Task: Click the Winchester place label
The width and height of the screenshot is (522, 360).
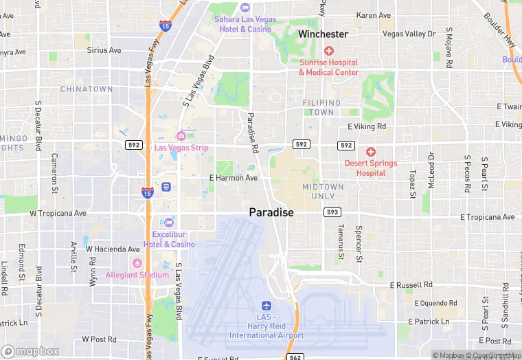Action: click(x=323, y=34)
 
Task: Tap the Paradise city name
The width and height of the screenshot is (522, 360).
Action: click(x=271, y=212)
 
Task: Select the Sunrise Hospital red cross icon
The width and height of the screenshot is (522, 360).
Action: click(x=328, y=51)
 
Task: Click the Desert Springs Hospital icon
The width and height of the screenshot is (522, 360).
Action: click(x=371, y=152)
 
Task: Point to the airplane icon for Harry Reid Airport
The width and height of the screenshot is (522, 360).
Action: click(x=266, y=306)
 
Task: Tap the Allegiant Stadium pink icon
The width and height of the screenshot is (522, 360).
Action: click(x=137, y=263)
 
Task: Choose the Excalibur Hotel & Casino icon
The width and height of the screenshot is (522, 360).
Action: click(x=169, y=223)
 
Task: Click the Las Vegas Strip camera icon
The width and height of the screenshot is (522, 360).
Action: click(x=181, y=135)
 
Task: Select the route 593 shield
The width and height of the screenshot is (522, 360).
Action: click(x=332, y=212)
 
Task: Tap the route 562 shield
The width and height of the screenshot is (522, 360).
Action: click(x=295, y=357)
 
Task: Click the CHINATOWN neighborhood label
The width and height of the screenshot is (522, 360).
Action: click(x=87, y=89)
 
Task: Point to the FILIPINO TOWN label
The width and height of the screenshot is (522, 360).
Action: click(x=321, y=107)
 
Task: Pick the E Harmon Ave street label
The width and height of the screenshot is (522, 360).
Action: click(x=234, y=178)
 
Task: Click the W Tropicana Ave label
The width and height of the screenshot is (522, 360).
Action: click(x=58, y=213)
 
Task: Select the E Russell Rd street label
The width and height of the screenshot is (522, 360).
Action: click(x=411, y=284)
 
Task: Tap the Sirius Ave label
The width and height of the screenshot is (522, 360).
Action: click(x=104, y=50)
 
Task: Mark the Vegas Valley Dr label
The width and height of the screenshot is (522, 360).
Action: click(x=409, y=34)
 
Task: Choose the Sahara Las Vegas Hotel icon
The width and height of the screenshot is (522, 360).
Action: click(x=246, y=8)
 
